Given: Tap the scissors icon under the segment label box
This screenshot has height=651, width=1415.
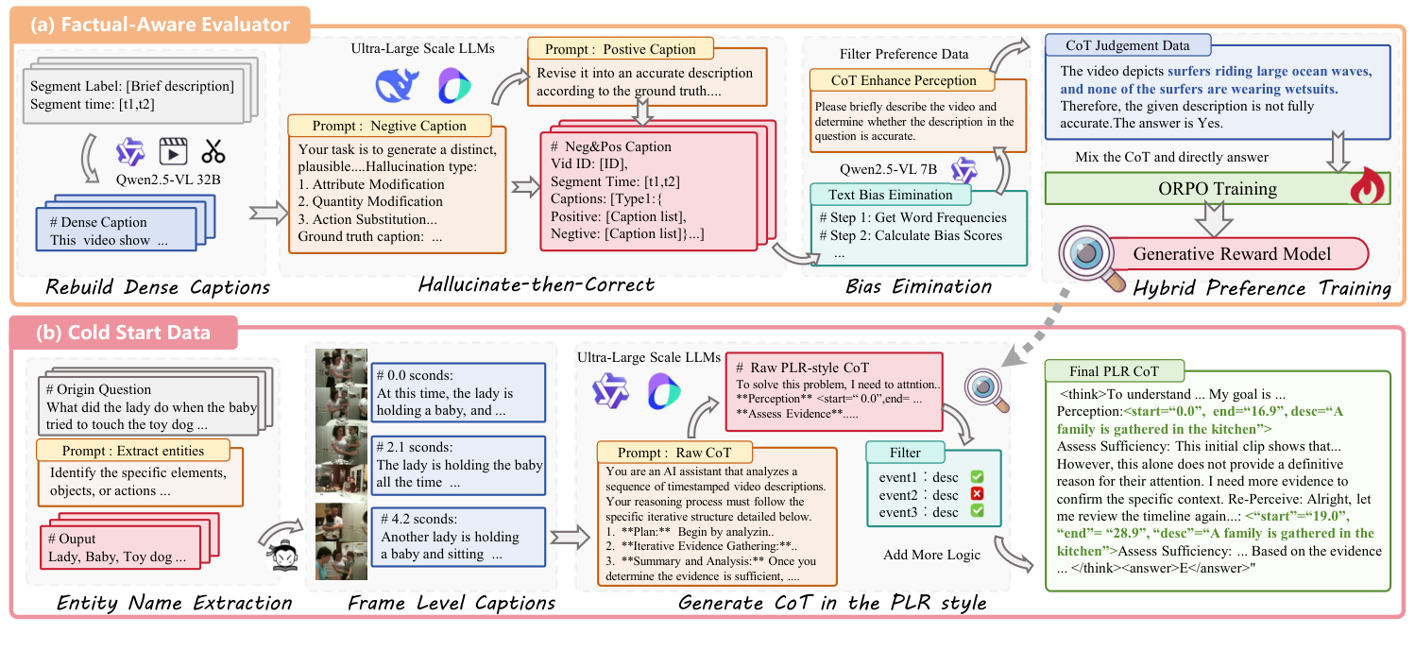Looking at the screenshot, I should [213, 151].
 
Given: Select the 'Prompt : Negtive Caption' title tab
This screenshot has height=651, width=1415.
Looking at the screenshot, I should [390, 126].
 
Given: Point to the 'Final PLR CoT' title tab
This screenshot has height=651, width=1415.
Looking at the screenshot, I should [1114, 370].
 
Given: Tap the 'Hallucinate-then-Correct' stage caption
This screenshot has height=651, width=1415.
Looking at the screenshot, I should [537, 285].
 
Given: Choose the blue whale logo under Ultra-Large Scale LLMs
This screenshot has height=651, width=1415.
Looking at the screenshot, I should [396, 86].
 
